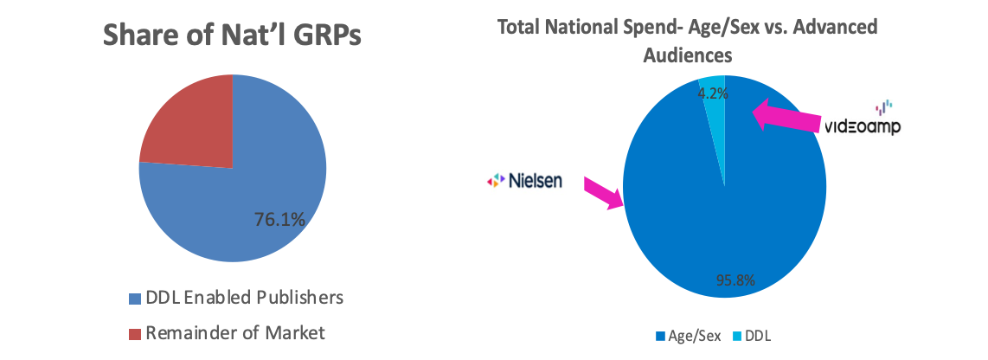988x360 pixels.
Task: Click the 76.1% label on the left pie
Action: (278, 220)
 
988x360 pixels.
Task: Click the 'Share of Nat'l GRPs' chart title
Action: (232, 37)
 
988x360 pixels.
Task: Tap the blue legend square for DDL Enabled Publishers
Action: (132, 298)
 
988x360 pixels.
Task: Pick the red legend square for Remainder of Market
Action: (132, 331)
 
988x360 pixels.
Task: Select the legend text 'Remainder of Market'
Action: (235, 331)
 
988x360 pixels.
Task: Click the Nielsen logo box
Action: (524, 180)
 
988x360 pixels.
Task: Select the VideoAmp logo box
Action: (864, 118)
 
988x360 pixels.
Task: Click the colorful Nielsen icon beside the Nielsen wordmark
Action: (494, 181)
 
